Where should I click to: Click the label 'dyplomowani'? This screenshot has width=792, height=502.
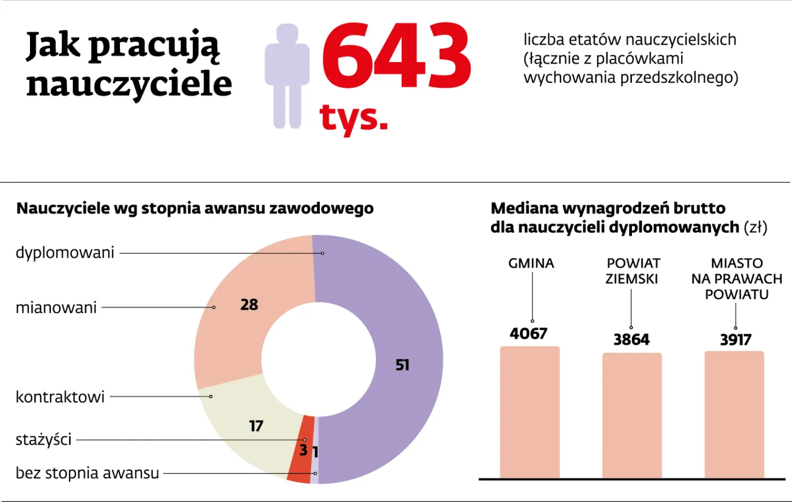[65, 253]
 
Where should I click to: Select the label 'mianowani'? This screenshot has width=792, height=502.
[56, 308]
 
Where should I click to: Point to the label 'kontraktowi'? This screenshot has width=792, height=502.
[60, 397]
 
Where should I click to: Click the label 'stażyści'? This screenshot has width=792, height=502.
[44, 440]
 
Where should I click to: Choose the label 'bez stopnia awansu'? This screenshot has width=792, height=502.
[87, 473]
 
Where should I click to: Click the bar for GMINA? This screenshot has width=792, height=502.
[530, 413]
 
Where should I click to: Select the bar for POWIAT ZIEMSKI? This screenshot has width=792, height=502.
[632, 416]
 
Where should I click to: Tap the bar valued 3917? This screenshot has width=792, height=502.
[734, 415]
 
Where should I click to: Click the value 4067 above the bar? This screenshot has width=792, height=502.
[528, 334]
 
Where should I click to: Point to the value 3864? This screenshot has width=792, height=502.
[632, 340]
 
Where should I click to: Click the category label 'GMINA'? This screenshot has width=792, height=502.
[531, 263]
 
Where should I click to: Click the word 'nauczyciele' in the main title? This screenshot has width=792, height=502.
[129, 84]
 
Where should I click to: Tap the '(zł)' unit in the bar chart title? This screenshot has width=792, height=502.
[756, 227]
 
